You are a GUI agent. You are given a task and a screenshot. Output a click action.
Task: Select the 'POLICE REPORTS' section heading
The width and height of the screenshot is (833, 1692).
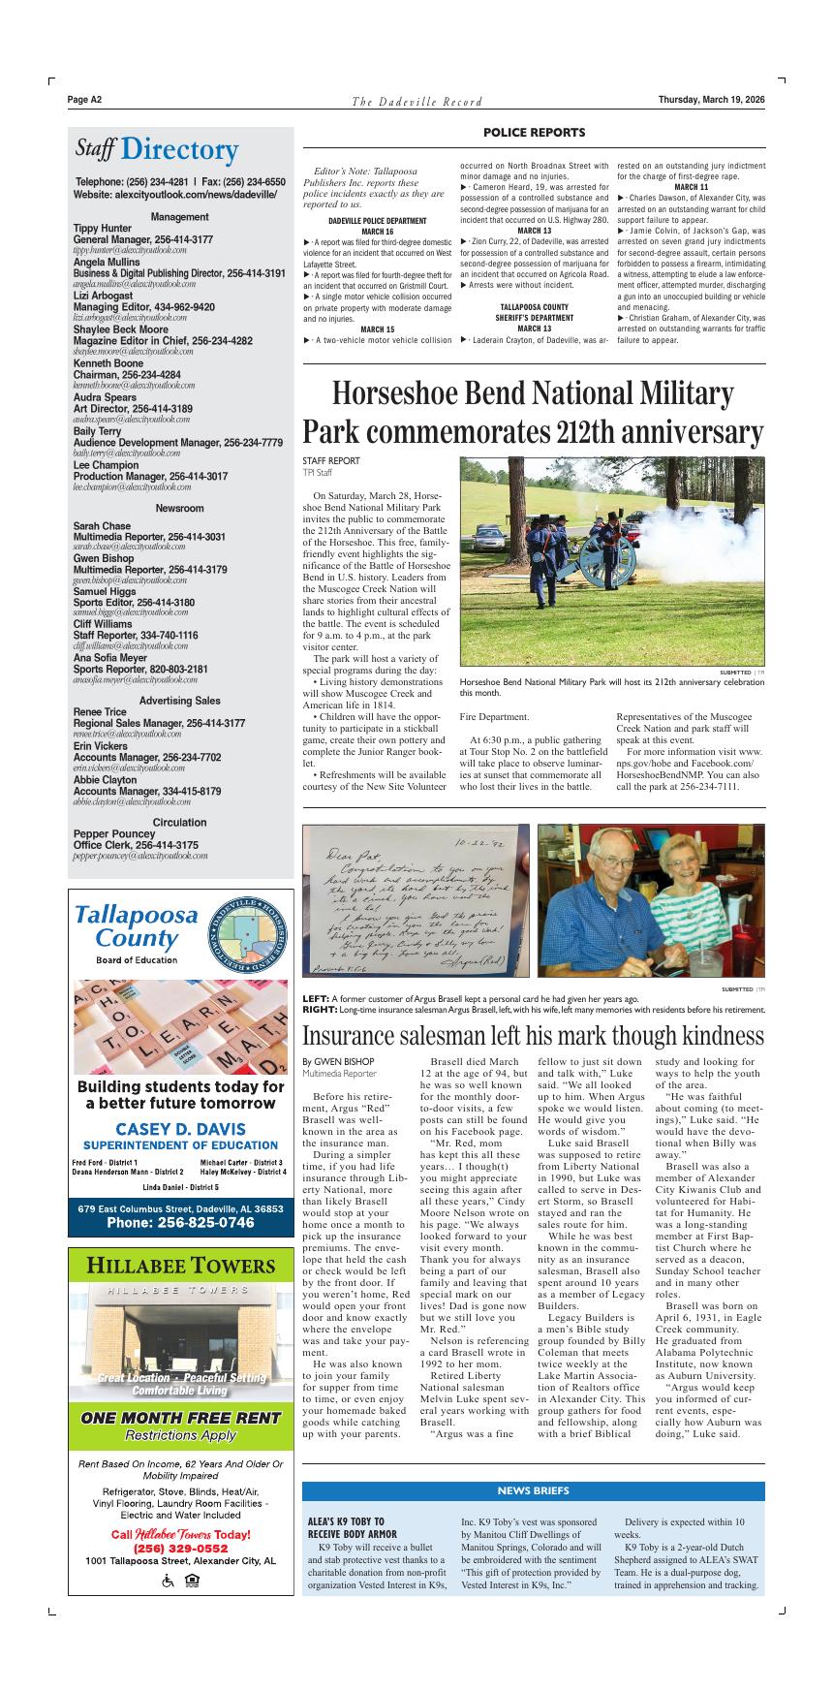pyautogui.click(x=534, y=133)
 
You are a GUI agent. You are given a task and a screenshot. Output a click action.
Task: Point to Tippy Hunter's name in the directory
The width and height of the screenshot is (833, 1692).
pyautogui.click(x=103, y=229)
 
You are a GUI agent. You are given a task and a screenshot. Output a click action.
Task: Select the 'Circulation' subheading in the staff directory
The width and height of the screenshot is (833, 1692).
pyautogui.click(x=179, y=823)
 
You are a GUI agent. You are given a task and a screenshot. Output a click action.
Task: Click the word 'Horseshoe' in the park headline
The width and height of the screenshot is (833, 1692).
pyautogui.click(x=397, y=394)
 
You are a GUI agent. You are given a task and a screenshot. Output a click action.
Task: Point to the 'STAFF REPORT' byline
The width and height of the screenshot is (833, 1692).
pyautogui.click(x=330, y=461)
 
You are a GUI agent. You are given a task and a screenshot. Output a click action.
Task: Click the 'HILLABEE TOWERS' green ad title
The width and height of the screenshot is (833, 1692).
pyautogui.click(x=180, y=1266)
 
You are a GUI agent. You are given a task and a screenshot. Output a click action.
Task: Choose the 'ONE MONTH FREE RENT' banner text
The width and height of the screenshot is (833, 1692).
pyautogui.click(x=180, y=1418)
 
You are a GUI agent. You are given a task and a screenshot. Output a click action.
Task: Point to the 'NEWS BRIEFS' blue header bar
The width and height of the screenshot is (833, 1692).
pyautogui.click(x=533, y=1490)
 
